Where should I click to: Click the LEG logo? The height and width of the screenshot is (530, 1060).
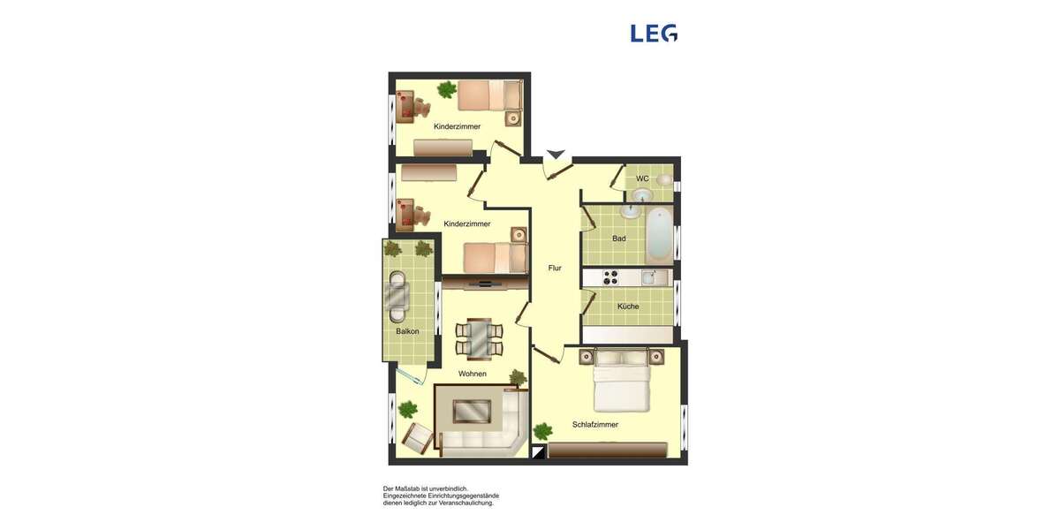tap(654, 34)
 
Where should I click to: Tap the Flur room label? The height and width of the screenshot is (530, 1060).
tap(555, 268)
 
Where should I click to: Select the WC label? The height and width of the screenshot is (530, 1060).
tap(642, 178)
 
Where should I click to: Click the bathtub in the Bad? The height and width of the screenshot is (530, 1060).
tap(659, 231)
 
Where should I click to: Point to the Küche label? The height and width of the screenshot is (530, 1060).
tap(628, 307)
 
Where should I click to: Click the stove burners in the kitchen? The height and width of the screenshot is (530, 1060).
tap(610, 278)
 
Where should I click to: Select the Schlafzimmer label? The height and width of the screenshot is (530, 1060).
tap(594, 425)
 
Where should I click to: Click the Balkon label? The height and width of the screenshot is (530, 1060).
tap(407, 331)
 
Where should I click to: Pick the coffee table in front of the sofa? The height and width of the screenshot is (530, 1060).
tap(472, 412)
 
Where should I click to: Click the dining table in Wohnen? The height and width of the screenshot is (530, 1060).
tap(479, 338)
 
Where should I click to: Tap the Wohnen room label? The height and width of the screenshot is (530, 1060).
tap(472, 374)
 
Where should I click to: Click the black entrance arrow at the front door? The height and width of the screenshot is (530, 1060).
tap(556, 155)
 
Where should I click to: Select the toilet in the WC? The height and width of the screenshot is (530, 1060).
tap(663, 180)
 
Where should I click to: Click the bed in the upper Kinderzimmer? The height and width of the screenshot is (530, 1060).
tap(491, 95)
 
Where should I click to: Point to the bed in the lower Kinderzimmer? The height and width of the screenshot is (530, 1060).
tap(495, 258)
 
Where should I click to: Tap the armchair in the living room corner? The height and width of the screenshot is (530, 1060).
tap(416, 436)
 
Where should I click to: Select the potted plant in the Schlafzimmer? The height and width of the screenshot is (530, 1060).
tap(542, 430)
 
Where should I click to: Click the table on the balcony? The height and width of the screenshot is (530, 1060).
tap(398, 297)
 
